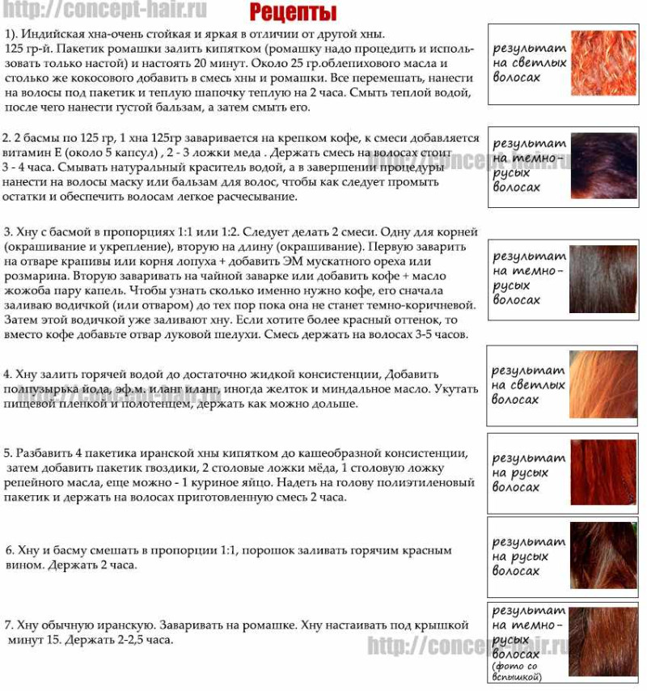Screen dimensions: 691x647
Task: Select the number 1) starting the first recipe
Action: (11, 35)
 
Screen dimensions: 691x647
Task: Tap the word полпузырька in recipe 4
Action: (38, 390)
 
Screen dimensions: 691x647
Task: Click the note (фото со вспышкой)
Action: (517, 671)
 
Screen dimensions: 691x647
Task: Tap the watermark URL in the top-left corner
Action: (104, 11)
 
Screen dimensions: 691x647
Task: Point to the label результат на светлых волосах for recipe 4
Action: (528, 385)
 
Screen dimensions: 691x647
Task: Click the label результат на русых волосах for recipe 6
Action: (528, 557)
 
